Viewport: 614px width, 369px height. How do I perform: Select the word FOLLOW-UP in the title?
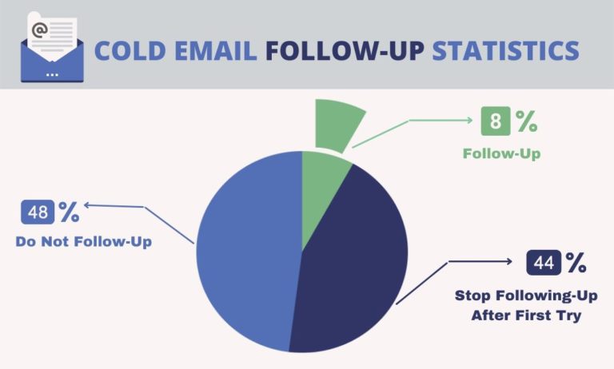345,50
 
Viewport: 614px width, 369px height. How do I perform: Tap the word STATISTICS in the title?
505,50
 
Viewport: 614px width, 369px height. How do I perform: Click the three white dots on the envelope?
52,73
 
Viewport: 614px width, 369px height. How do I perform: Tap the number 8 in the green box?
495,122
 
